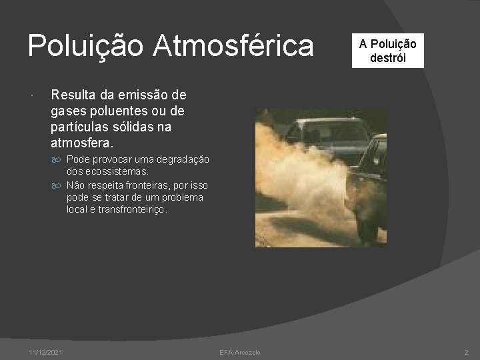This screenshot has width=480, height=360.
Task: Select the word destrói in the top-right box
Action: [387, 57]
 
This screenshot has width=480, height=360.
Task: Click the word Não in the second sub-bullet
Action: [75, 187]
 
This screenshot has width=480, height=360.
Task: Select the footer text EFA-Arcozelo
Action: [240, 352]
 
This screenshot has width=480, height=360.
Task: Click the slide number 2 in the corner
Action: [466, 352]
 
